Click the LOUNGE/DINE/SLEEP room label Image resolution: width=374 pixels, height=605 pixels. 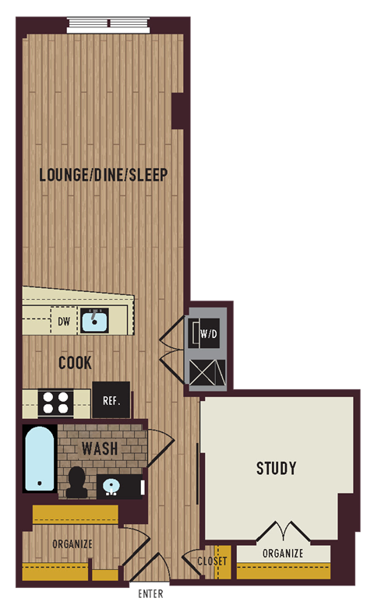pyautogui.click(x=104, y=174)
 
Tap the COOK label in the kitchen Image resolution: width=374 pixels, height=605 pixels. pyautogui.click(x=75, y=363)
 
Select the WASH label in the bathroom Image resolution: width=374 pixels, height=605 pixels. pyautogui.click(x=100, y=448)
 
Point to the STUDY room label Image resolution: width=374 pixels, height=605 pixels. pyautogui.click(x=277, y=468)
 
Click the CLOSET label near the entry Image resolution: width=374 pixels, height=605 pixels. pyautogui.click(x=212, y=561)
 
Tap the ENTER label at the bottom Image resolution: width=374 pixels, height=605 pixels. pyautogui.click(x=150, y=595)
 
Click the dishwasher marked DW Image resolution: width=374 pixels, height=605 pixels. pyautogui.click(x=64, y=320)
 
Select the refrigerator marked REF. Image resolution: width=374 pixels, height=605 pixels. pyautogui.click(x=111, y=401)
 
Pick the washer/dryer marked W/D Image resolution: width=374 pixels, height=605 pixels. pyautogui.click(x=208, y=334)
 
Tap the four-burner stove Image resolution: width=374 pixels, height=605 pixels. pyautogui.click(x=56, y=402)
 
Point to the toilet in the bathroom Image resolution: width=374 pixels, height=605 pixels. pyautogui.click(x=76, y=483)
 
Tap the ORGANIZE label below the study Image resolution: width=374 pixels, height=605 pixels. pyautogui.click(x=283, y=554)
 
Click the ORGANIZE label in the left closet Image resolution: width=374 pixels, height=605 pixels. pyautogui.click(x=72, y=543)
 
